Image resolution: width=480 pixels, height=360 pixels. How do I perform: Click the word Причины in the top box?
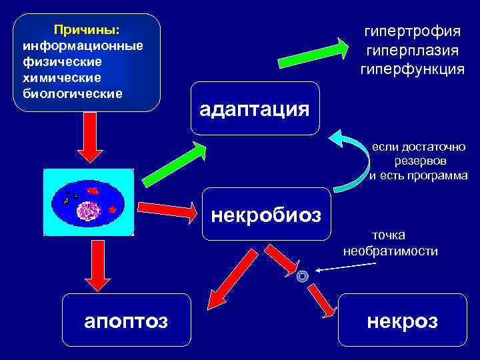(x=87, y=31)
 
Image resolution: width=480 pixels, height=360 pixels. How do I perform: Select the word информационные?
(x=83, y=46)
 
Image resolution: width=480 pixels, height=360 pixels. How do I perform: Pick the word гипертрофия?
(x=412, y=31)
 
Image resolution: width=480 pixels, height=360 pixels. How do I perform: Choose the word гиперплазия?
(x=412, y=50)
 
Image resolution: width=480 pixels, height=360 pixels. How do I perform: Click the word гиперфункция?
(x=412, y=69)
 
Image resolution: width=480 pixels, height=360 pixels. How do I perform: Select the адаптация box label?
(x=254, y=109)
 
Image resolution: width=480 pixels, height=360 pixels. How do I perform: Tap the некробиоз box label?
(x=266, y=215)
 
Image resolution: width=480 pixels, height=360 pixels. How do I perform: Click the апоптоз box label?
(x=126, y=321)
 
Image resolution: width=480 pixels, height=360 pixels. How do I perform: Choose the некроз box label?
(x=403, y=321)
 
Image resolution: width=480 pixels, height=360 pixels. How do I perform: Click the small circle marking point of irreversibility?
(x=303, y=275)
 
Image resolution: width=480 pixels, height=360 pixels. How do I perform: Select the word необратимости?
(x=391, y=251)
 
